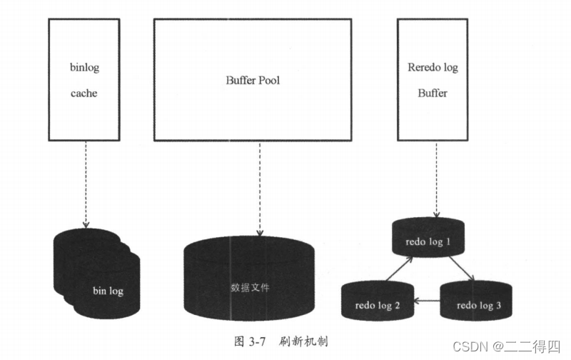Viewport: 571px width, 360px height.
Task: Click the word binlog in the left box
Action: tap(84, 69)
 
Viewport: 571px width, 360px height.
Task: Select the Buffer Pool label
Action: tap(253, 80)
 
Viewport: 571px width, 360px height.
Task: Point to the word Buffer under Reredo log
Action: tap(433, 93)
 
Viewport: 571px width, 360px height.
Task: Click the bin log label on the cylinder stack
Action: tap(109, 291)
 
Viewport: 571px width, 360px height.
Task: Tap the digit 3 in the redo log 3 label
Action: tap(498, 306)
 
